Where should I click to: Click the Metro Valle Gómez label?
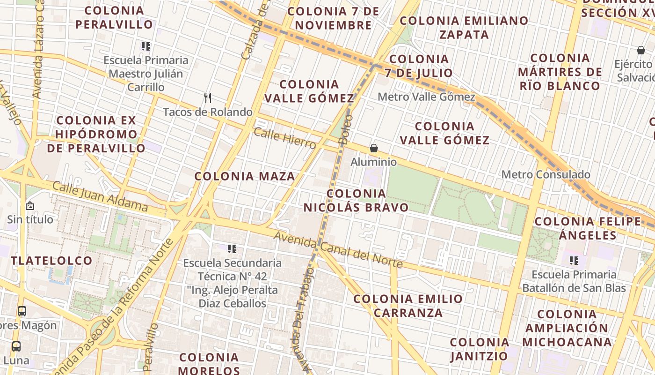point(426,97)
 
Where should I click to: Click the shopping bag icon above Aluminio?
point(374,149)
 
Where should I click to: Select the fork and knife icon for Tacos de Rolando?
point(208,98)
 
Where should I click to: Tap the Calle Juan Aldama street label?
point(100,196)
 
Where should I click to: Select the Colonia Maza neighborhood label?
point(245,176)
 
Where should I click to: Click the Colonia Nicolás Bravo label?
point(356,200)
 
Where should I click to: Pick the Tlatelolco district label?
point(51,261)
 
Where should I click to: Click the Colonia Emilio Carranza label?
point(408,306)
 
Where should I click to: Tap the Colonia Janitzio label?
point(479,349)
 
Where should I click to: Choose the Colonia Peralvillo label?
point(114,17)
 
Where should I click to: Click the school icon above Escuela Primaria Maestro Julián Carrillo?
point(146,46)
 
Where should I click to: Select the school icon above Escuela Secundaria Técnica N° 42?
point(232,249)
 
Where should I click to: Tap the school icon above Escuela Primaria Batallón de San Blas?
point(574,261)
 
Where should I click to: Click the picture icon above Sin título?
point(29,206)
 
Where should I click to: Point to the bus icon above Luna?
point(16,346)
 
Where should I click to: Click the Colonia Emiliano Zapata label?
point(464,27)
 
